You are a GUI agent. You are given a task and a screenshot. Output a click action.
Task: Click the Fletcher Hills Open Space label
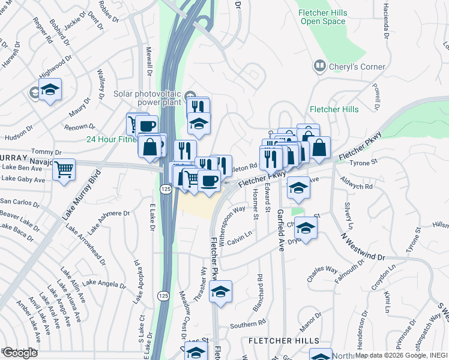[322, 17]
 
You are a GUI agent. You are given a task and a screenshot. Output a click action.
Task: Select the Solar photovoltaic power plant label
[148, 98]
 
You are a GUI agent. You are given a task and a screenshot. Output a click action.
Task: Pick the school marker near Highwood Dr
[50, 90]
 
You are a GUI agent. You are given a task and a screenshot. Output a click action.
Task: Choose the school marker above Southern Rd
[221, 292]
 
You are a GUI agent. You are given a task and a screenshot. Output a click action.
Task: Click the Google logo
[20, 353]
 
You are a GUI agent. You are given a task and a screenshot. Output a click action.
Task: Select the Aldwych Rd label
[357, 187]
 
